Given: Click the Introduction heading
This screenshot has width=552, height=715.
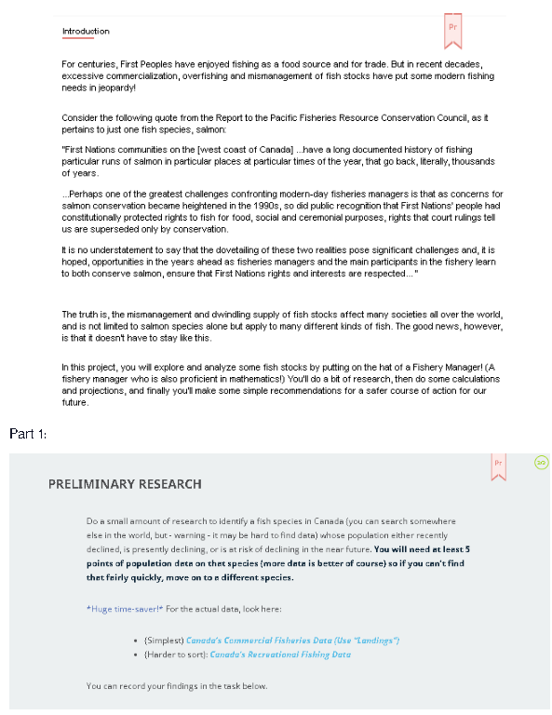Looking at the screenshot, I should [86, 32].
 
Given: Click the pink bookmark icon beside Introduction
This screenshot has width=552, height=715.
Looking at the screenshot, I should [453, 30].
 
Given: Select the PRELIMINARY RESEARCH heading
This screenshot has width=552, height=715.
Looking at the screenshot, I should [125, 484].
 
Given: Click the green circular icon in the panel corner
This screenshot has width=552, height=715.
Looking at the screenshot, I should [541, 462].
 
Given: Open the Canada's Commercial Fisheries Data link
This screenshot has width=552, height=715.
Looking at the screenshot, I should [292, 640].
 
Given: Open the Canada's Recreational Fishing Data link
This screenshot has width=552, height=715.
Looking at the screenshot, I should [279, 654].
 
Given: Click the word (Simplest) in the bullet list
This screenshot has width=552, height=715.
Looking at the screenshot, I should [164, 640].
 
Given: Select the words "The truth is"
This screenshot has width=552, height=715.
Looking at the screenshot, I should [86, 315].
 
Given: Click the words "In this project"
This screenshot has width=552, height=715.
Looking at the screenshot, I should [90, 368].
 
